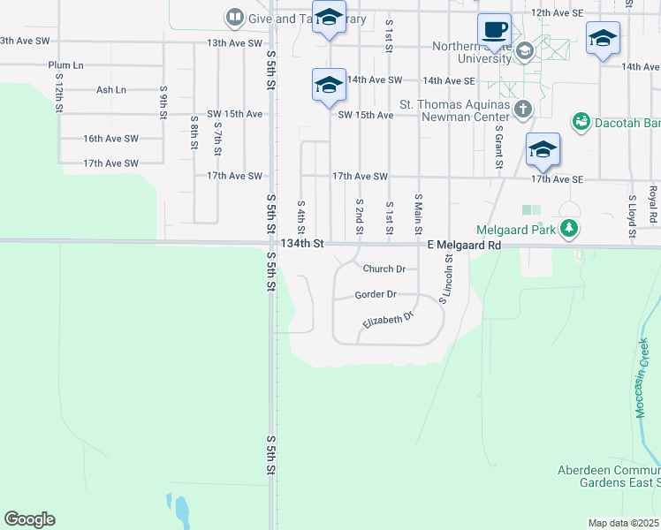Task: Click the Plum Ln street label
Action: (x=65, y=65)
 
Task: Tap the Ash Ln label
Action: (x=111, y=90)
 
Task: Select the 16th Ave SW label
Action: (x=110, y=139)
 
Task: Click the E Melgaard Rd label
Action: (x=464, y=245)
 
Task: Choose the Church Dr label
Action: (x=384, y=269)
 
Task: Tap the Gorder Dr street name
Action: (x=376, y=294)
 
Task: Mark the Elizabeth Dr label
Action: (x=388, y=322)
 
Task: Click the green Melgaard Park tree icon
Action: (x=570, y=230)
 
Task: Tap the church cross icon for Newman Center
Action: (x=523, y=110)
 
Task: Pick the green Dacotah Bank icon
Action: (x=581, y=121)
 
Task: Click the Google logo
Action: (x=29, y=519)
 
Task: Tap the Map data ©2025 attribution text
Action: (x=624, y=523)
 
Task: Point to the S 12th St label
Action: (x=58, y=91)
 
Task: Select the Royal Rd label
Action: (x=653, y=205)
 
